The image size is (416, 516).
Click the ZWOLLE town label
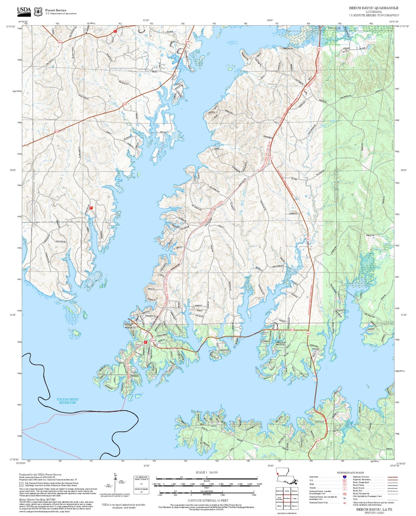pos(334,28)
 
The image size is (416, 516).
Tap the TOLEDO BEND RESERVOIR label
pos(67,401)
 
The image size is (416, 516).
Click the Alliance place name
pos(315,349)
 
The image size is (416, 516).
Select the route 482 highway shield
pos(60,42)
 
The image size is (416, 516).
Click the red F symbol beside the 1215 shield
pos(145,342)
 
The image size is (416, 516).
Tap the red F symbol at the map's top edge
pos(115,31)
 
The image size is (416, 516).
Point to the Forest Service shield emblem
pos(38,12)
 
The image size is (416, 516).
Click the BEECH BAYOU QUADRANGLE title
pos(374,8)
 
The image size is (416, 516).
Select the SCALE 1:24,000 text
pos(207,472)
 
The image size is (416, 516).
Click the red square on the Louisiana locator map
pos(277,474)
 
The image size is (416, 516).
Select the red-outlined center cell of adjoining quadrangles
pos(287,498)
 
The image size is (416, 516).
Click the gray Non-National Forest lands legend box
pos(21,484)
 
